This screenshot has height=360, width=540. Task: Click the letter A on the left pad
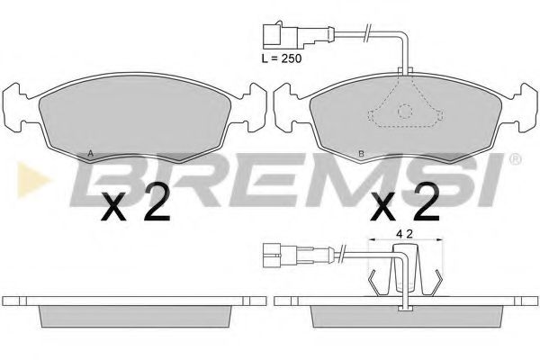[89, 153]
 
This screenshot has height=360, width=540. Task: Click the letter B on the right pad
[361, 154]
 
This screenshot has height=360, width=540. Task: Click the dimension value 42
[403, 235]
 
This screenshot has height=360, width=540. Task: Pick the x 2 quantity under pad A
[135, 209]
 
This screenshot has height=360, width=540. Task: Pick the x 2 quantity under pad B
[404, 209]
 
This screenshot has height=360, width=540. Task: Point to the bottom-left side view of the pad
[135, 310]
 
